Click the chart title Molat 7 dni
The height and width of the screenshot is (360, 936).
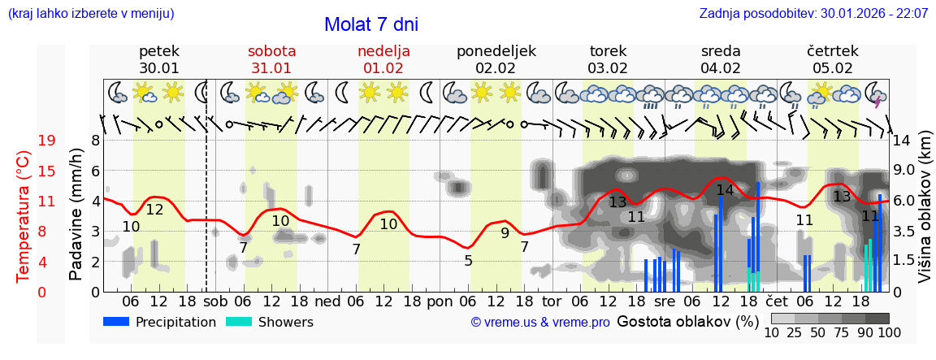[x=370, y=24]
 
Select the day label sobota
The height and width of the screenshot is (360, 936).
[x=271, y=51]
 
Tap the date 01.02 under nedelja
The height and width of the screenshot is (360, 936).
[x=383, y=68]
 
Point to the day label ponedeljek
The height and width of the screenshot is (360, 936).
[x=496, y=51]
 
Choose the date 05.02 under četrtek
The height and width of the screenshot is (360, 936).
[x=834, y=68]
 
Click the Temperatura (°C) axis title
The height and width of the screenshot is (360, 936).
[x=24, y=217]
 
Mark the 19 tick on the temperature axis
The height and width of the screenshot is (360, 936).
[x=46, y=141]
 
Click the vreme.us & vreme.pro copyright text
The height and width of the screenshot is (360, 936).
[x=539, y=323]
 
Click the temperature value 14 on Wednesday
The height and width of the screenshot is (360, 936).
[x=725, y=190]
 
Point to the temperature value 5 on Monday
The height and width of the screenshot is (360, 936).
[x=468, y=261]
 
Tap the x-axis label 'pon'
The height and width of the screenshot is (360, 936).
[x=440, y=301]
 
